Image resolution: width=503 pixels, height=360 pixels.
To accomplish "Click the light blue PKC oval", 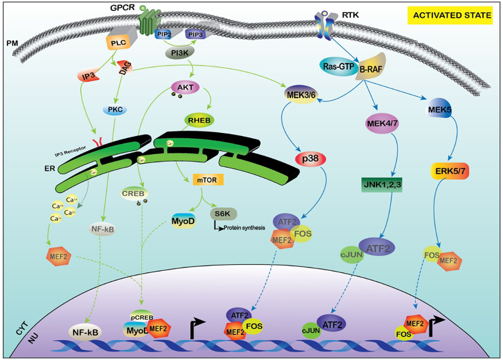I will click(117, 109).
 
